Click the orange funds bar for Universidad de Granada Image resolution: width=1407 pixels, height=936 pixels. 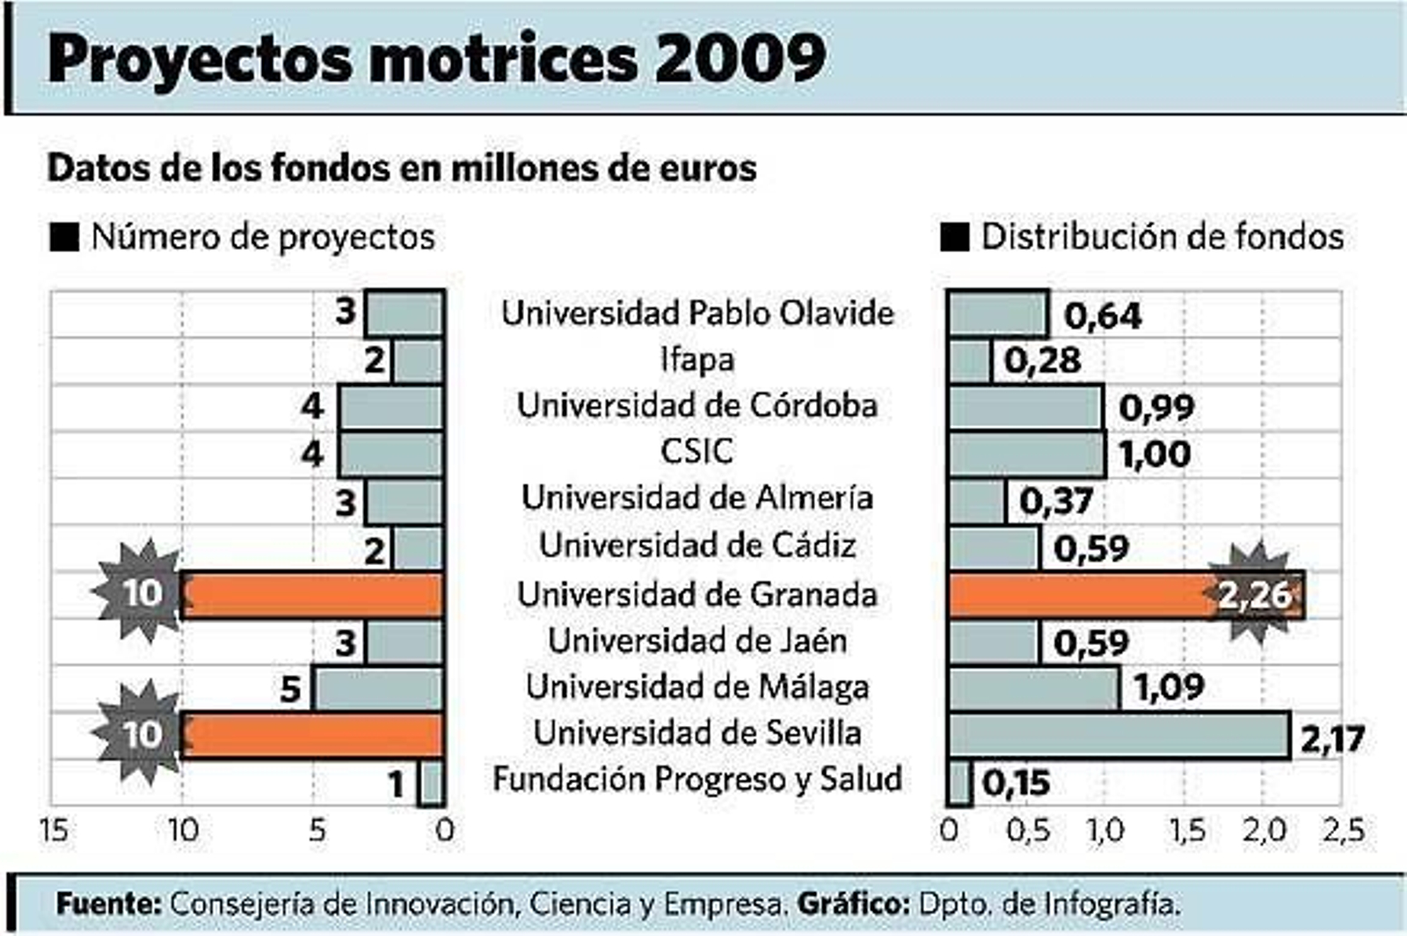(x=1082, y=595)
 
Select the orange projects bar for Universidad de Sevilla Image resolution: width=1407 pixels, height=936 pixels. (x=312, y=735)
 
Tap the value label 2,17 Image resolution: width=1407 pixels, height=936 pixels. (x=1332, y=739)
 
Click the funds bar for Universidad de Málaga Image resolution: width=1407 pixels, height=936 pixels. (x=1034, y=688)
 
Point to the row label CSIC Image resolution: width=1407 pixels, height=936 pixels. (x=696, y=452)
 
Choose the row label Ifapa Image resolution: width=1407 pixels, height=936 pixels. (x=696, y=359)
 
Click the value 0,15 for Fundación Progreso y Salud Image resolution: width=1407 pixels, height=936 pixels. (x=1016, y=782)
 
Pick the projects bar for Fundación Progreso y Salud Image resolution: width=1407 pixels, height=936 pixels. (x=431, y=783)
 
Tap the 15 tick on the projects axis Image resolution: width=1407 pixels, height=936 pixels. (x=55, y=830)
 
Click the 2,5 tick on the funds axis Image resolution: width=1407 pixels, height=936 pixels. (x=1343, y=830)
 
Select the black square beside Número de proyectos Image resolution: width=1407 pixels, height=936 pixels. (x=64, y=237)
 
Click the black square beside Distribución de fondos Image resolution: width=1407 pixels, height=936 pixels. (x=955, y=237)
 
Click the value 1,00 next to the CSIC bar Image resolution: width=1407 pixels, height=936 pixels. (x=1155, y=454)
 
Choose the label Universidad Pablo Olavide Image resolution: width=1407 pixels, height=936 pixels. (x=696, y=313)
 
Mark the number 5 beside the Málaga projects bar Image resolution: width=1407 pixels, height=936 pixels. (x=291, y=689)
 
